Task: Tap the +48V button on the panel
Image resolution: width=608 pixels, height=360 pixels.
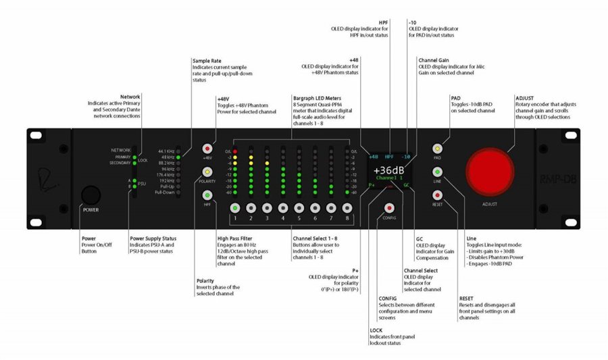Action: coord(207,149)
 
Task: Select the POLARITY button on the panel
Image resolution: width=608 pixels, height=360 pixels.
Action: coord(207,172)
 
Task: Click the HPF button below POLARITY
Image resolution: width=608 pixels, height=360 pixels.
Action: coord(207,195)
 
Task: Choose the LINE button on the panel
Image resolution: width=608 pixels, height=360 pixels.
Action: coord(437,172)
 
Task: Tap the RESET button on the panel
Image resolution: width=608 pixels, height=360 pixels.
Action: coord(437,195)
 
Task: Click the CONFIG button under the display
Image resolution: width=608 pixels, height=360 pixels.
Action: coord(389,208)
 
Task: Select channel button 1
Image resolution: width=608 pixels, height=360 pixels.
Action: coord(235,208)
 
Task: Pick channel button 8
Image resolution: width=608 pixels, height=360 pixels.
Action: coord(347,208)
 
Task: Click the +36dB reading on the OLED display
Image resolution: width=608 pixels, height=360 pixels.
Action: coord(389,171)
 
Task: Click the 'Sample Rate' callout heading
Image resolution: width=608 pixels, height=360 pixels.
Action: coord(207,61)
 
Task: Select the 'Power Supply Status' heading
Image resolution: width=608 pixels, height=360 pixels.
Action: coord(153,238)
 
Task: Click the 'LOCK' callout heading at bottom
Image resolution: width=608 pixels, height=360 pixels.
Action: coord(376,330)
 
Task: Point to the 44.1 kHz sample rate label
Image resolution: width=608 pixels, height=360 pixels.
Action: coord(166,151)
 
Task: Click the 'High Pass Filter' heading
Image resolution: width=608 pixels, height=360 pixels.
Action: coord(235,238)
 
